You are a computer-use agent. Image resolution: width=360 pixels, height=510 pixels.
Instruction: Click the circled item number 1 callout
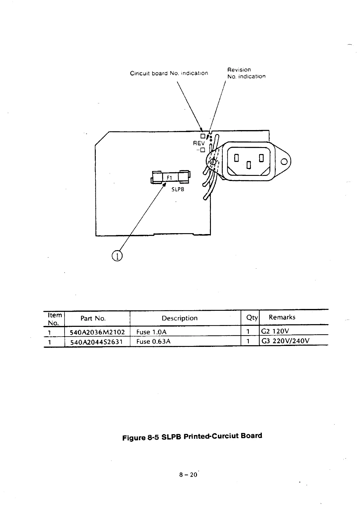[x=117, y=256]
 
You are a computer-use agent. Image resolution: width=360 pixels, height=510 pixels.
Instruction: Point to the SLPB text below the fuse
[x=178, y=190]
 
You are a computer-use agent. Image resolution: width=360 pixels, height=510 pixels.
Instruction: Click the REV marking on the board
[x=199, y=143]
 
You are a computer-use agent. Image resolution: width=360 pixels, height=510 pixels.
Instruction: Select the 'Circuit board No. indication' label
[x=169, y=73]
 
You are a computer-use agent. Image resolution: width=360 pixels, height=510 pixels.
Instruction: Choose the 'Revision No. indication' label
[x=246, y=73]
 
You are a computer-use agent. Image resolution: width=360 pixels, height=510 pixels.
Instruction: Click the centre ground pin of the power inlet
[x=249, y=165]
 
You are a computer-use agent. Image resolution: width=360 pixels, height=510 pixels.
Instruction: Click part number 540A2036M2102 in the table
[x=97, y=332]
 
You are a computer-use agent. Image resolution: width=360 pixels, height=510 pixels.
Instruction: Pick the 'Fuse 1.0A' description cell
[x=152, y=332]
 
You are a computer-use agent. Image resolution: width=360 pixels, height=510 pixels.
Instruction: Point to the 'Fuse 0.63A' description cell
[x=153, y=341]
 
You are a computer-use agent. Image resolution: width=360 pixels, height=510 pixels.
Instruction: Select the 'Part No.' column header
[x=93, y=318]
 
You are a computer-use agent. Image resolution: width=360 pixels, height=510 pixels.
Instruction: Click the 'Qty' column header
[x=252, y=318]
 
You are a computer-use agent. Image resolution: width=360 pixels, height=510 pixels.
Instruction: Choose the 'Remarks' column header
[x=282, y=317]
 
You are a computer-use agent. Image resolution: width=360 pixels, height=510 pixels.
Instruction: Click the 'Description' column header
[x=179, y=318]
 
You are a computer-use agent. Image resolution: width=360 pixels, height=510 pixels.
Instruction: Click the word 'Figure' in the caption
[x=134, y=438]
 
